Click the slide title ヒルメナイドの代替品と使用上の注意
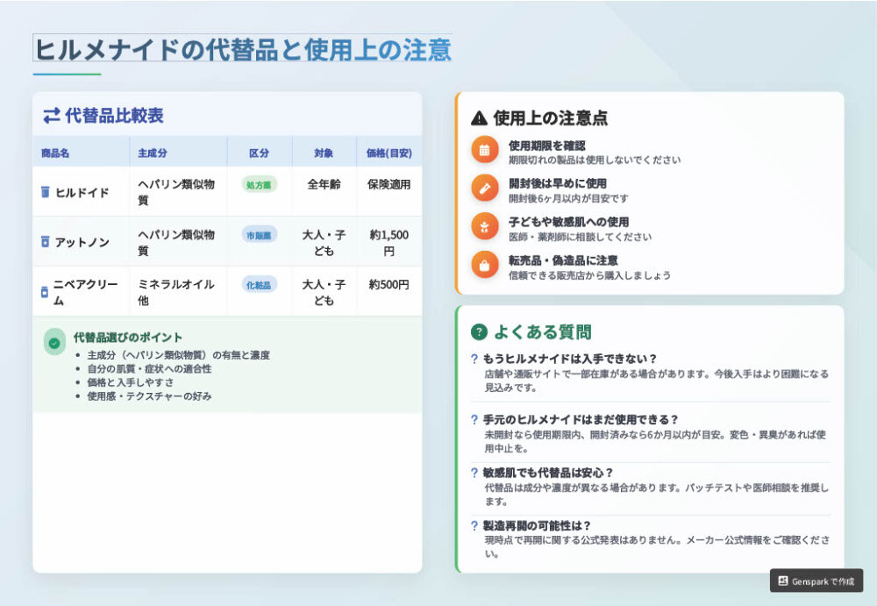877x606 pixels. click(x=243, y=49)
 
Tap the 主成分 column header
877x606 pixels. click(x=152, y=153)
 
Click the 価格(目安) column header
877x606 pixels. click(x=389, y=153)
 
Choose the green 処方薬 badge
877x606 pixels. click(x=259, y=185)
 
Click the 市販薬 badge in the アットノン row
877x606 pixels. click(x=259, y=235)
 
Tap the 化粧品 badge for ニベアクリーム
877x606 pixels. click(x=259, y=285)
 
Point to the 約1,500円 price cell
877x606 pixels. click(x=389, y=243)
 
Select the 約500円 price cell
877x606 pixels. click(x=389, y=284)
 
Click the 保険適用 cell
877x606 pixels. click(x=389, y=184)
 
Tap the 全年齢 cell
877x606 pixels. click(x=324, y=184)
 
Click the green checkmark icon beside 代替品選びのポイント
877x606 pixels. click(x=54, y=342)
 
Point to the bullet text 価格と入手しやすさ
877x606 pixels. click(x=131, y=382)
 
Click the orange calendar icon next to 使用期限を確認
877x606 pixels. click(x=484, y=150)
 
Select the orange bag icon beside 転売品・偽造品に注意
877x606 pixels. click(x=484, y=265)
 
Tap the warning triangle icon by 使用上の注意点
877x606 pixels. click(x=480, y=118)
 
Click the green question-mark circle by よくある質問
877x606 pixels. click(x=480, y=332)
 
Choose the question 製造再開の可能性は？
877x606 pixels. click(x=537, y=525)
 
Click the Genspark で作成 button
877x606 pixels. click(x=816, y=581)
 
